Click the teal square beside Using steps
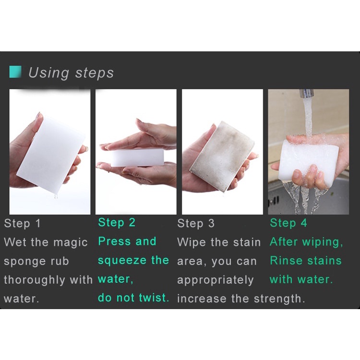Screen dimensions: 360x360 pos(15,72)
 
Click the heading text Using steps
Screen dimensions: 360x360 pos(71,72)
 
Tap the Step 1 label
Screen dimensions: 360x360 pos(23,224)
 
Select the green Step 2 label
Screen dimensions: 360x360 pos(117,222)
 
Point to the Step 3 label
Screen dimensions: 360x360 pos(196,224)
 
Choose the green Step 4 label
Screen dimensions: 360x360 pos(288,223)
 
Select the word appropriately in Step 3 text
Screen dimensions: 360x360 pos(215,280)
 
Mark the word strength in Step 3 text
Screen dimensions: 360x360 pos(280,299)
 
